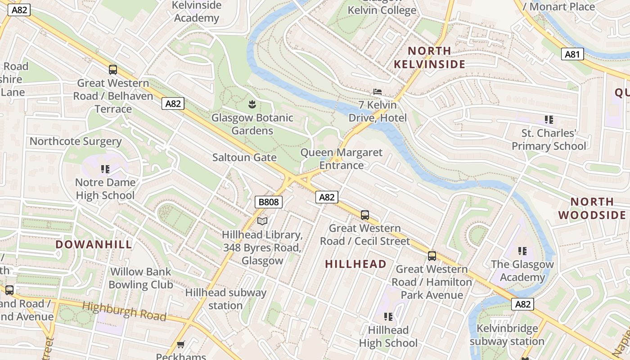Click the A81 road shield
pyautogui.click(x=572, y=54)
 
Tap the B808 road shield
pyautogui.click(x=269, y=202)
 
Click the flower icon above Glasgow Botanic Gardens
pyautogui.click(x=252, y=105)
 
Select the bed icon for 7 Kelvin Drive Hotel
pyautogui.click(x=378, y=92)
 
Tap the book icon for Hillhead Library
pyautogui.click(x=262, y=221)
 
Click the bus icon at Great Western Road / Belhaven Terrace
pyautogui.click(x=113, y=70)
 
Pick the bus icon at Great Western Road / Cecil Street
pyautogui.click(x=365, y=215)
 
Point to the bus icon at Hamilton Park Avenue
pyautogui.click(x=432, y=256)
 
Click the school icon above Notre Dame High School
pyautogui.click(x=105, y=169)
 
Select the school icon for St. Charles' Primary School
pyautogui.click(x=549, y=120)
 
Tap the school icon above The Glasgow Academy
pyautogui.click(x=522, y=251)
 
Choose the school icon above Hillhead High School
pyautogui.click(x=388, y=317)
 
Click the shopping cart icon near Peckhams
pyautogui.click(x=181, y=345)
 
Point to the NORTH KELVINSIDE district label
pyautogui.click(x=429, y=58)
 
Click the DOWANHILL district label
pyautogui.click(x=94, y=244)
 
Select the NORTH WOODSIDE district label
pyautogui.click(x=592, y=208)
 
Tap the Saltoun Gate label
pyautogui.click(x=244, y=157)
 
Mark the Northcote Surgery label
pyautogui.click(x=76, y=141)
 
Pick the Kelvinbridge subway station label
pyautogui.click(x=507, y=335)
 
